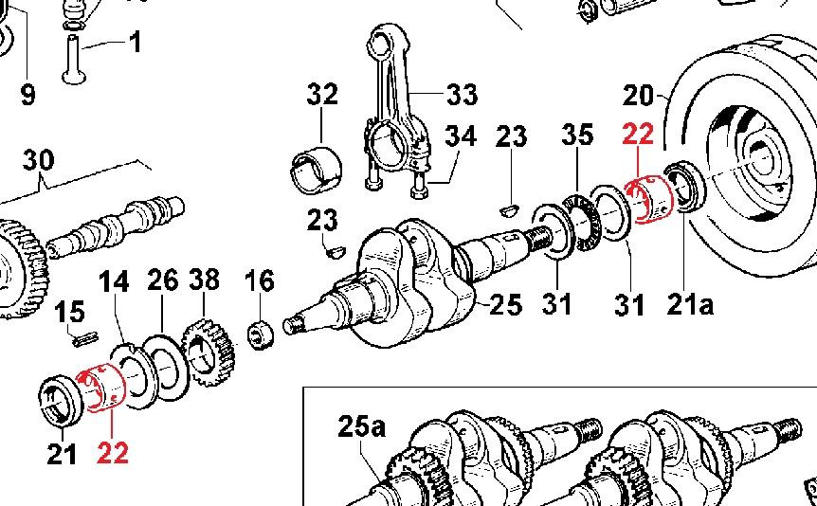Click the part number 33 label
coord(462,95)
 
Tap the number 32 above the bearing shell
coord(322,95)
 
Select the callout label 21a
coord(689,304)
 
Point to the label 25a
coord(362,427)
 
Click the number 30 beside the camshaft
coord(39,159)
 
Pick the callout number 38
coord(204,280)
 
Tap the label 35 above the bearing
coord(577,135)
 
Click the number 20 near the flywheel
coord(640,96)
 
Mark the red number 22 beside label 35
coord(638,135)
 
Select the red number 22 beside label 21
coord(112,454)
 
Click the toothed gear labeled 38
coord(207,352)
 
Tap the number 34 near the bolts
coord(462,136)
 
